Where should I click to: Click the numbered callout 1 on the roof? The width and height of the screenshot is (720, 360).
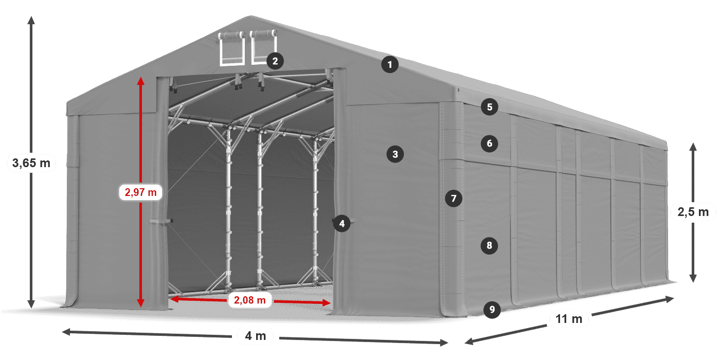[x=390, y=65]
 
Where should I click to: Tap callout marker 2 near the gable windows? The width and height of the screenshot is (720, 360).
[x=275, y=61]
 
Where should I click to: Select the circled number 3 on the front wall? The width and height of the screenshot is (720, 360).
[x=395, y=154]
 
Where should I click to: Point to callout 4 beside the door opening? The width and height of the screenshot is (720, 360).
[x=341, y=223]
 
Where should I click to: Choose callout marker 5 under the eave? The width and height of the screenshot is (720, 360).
[x=490, y=107]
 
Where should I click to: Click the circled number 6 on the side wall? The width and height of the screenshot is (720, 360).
[x=490, y=143]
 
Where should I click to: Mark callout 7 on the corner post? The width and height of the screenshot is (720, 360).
[x=454, y=199]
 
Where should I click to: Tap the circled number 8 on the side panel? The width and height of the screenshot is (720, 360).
[x=489, y=246]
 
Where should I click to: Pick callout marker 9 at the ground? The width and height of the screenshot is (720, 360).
[x=492, y=310]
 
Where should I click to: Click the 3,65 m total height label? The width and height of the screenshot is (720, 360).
[x=31, y=163]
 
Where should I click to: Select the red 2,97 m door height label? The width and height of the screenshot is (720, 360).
[x=140, y=192]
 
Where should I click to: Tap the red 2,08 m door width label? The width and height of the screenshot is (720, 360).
[x=250, y=300]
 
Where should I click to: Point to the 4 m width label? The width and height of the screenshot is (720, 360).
[x=256, y=336]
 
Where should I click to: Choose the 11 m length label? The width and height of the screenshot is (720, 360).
[x=569, y=319]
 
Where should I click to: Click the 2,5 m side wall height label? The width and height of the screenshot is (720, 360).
[x=693, y=212]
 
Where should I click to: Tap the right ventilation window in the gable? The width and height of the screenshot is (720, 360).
[x=263, y=47]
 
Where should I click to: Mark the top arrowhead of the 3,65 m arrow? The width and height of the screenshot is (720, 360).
[x=31, y=20]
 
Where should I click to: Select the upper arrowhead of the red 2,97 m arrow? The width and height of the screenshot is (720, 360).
[x=140, y=81]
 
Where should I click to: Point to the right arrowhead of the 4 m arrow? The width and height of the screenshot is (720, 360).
[x=444, y=343]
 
